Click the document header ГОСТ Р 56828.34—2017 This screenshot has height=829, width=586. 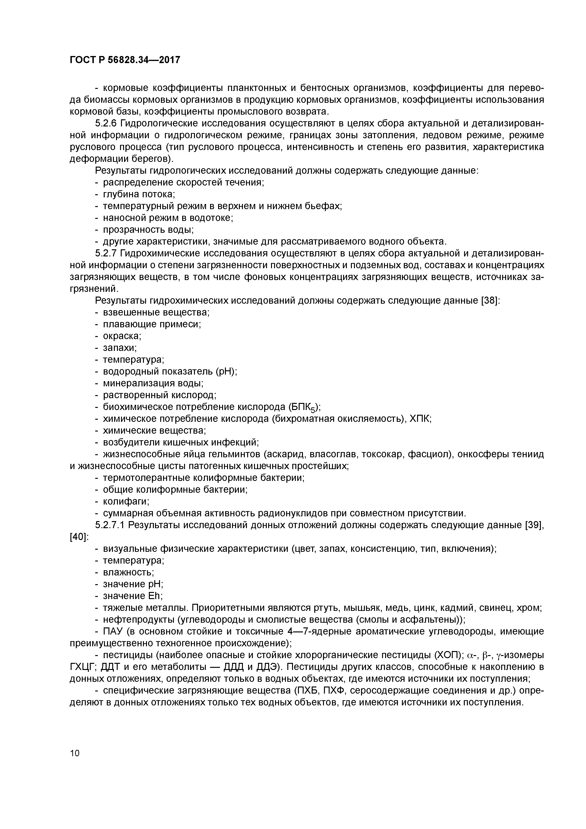tap(125, 60)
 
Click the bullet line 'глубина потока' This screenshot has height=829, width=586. tap(139, 194)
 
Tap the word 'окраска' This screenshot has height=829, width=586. tap(122, 336)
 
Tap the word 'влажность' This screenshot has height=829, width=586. tap(128, 573)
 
